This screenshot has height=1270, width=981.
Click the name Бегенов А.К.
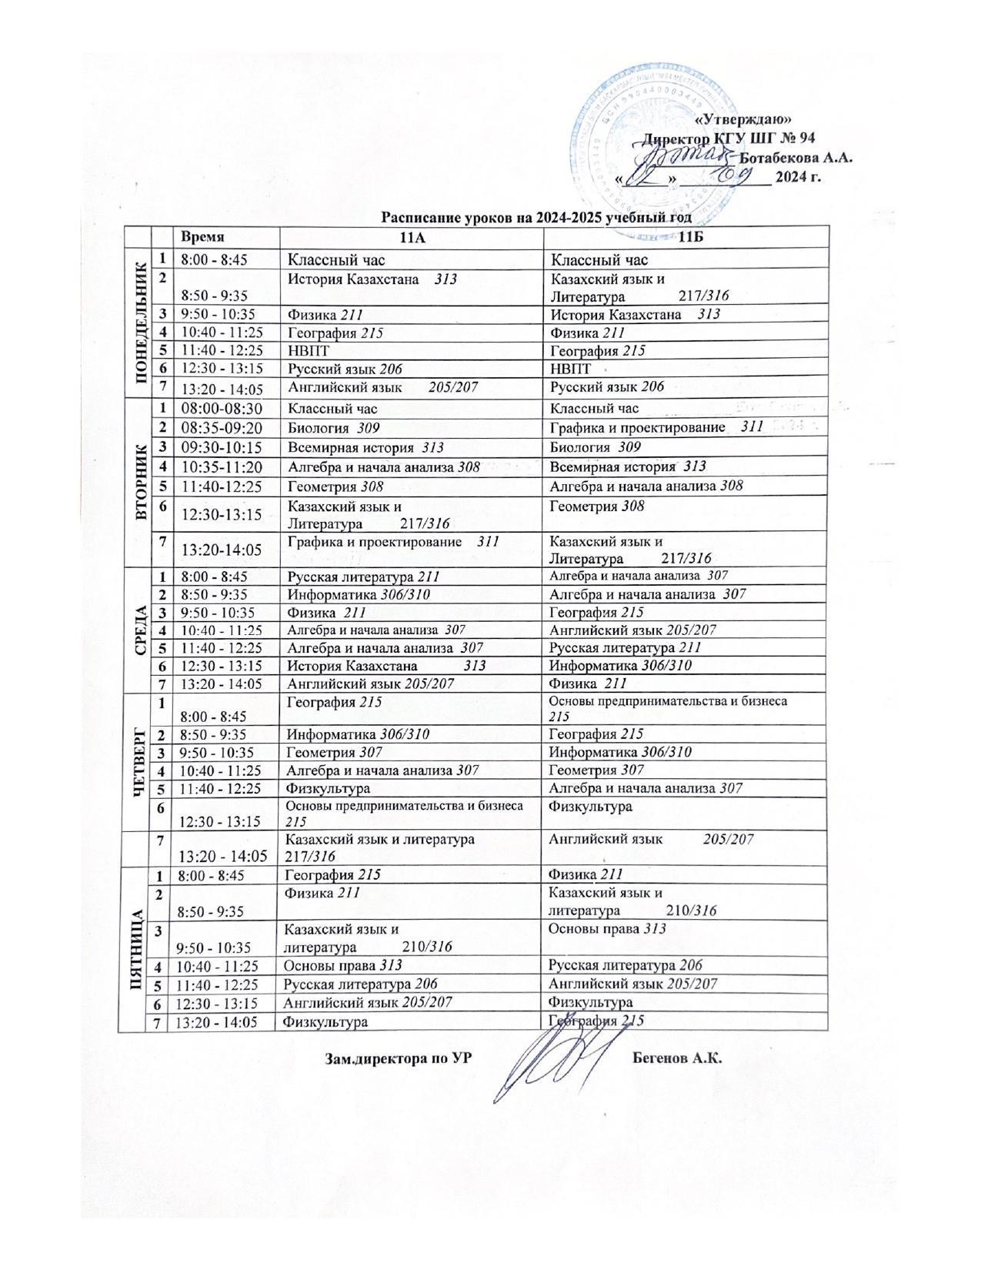pyautogui.click(x=677, y=1058)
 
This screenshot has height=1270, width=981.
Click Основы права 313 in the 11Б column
pyautogui.click(x=607, y=929)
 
